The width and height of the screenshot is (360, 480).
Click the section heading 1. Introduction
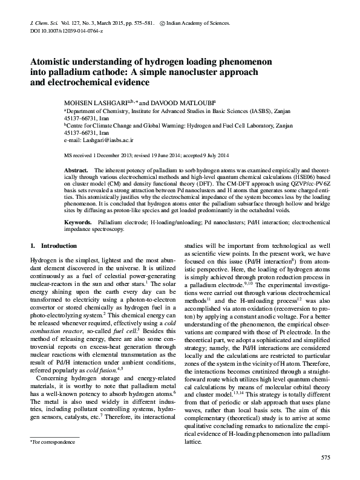(x=53, y=246)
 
